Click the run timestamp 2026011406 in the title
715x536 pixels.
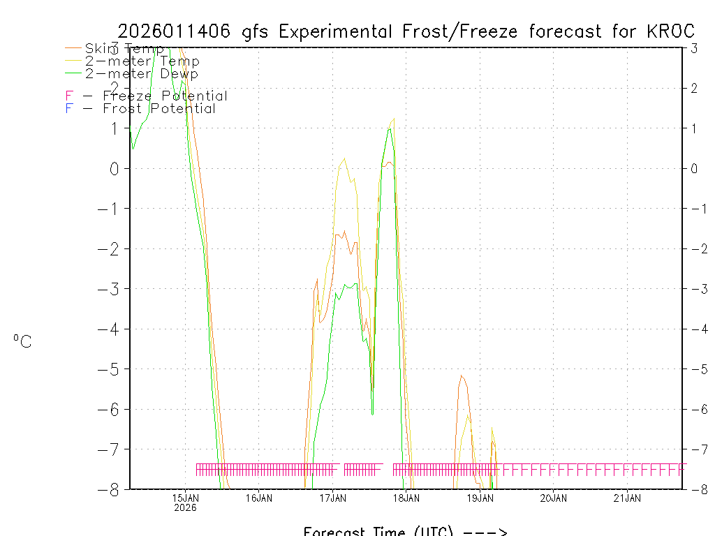[176, 31]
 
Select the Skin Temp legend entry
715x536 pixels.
[124, 49]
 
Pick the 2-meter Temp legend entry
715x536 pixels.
[142, 61]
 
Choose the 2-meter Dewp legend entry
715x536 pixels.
[141, 73]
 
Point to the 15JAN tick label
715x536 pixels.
[185, 498]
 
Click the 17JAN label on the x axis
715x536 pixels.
[333, 498]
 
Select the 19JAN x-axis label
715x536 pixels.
[480, 498]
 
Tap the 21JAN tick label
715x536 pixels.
[628, 498]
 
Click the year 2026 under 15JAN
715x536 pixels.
[185, 507]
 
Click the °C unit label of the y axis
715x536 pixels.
[22, 341]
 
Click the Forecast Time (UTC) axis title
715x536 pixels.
[405, 531]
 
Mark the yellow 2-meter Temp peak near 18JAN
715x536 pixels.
[394, 119]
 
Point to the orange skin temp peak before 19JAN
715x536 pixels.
[461, 376]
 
